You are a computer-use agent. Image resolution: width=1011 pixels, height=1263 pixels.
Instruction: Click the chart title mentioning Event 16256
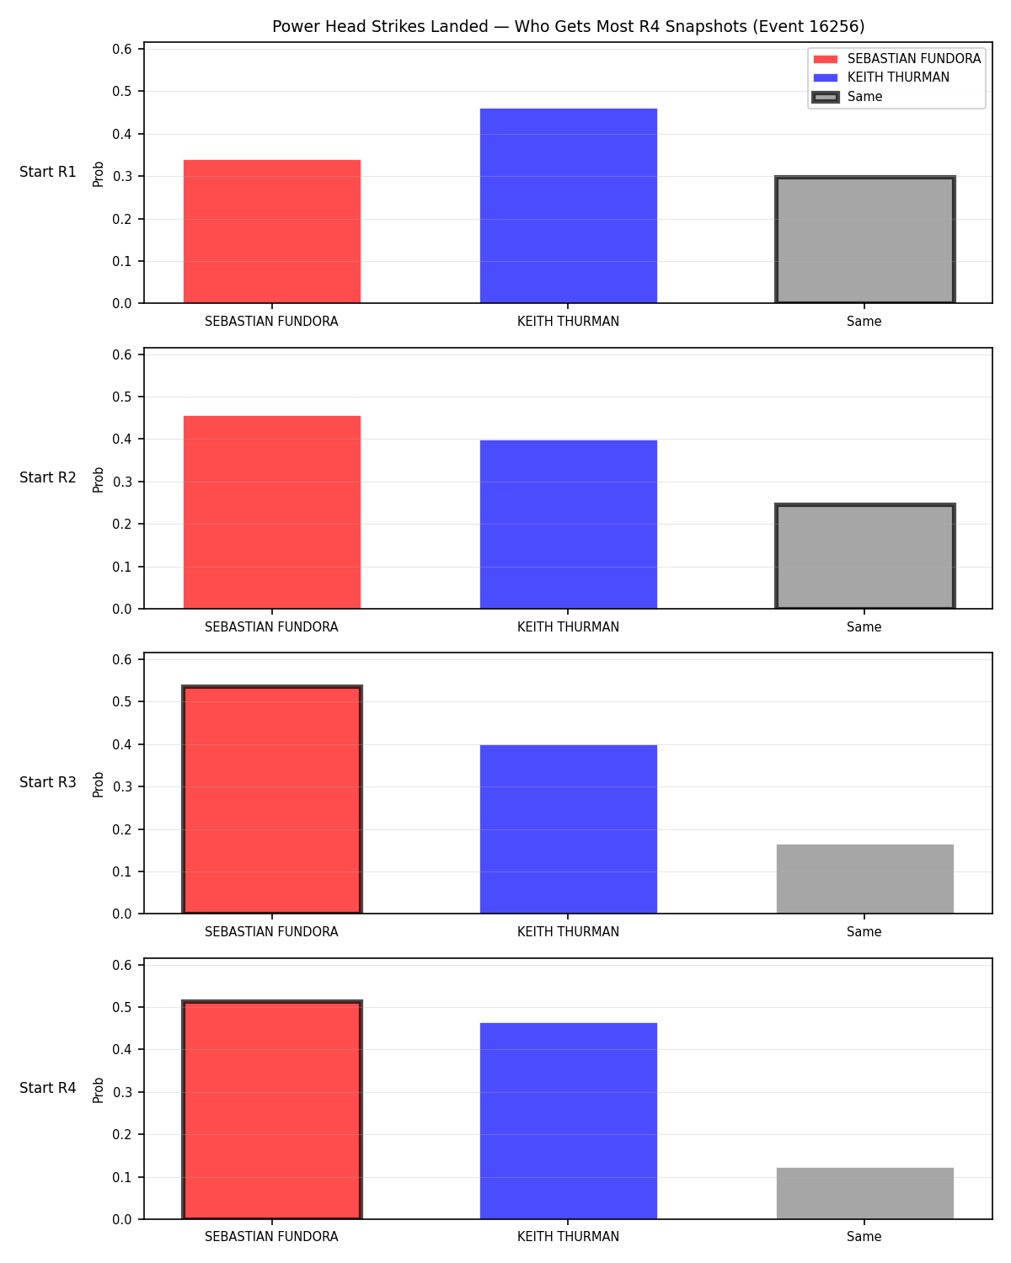tap(568, 26)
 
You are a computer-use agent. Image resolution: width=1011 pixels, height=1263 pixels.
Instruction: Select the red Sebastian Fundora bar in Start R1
tap(272, 232)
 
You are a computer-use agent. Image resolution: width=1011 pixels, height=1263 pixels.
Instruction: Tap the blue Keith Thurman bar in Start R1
tap(568, 205)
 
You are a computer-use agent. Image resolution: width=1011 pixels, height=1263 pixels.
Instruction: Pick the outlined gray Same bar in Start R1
tap(864, 239)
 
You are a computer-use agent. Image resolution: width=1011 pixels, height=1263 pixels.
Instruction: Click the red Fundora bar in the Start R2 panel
tap(272, 512)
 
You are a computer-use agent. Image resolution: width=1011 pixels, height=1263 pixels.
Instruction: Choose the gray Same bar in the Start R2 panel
tap(864, 556)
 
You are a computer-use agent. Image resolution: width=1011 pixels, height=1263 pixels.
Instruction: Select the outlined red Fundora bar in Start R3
tap(272, 799)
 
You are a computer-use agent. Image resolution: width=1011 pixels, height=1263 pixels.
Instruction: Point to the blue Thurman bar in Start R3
tap(568, 829)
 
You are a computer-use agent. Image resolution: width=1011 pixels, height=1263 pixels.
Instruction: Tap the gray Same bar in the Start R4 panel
tap(864, 1193)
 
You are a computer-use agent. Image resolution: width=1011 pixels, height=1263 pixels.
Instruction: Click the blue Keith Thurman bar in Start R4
tap(568, 1121)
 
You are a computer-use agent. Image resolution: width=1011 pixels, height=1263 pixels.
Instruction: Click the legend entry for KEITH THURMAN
tap(897, 77)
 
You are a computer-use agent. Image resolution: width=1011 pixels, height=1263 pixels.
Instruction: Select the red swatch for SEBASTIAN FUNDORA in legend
tap(826, 59)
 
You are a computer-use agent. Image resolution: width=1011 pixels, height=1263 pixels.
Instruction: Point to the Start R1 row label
tap(47, 172)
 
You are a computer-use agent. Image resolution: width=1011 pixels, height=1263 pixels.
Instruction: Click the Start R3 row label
tap(47, 782)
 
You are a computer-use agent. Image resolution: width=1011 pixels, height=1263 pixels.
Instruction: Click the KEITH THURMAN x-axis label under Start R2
tap(568, 626)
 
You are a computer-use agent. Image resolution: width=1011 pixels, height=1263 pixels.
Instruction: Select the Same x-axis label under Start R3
tap(864, 931)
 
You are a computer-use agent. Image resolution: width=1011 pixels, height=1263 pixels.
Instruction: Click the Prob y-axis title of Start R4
tap(98, 1090)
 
